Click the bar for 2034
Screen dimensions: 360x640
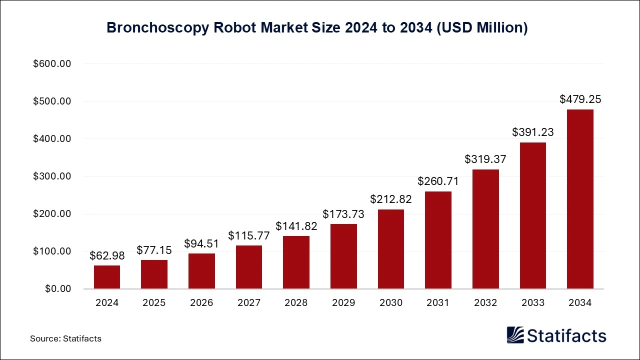coord(580,199)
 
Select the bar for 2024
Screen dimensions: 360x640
coord(107,277)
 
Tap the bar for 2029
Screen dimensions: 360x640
coord(343,256)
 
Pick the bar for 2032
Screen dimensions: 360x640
coord(485,229)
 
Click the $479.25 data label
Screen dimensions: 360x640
coord(580,99)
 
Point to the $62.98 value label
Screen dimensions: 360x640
coord(107,255)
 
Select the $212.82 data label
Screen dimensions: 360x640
coord(391,199)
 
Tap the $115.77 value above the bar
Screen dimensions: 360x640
coord(249,235)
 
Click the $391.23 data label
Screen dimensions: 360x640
coord(533,132)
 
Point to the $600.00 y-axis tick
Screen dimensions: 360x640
coord(52,64)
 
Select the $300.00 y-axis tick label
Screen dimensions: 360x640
coord(52,176)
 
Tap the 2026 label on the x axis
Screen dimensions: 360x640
coord(201,303)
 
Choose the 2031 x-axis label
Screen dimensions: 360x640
coord(438,303)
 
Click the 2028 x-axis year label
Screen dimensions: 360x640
coord(296,303)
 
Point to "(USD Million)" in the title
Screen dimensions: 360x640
coord(481,28)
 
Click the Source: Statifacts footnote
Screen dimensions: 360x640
coord(65,338)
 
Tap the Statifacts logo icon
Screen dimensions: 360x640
coord(515,335)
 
